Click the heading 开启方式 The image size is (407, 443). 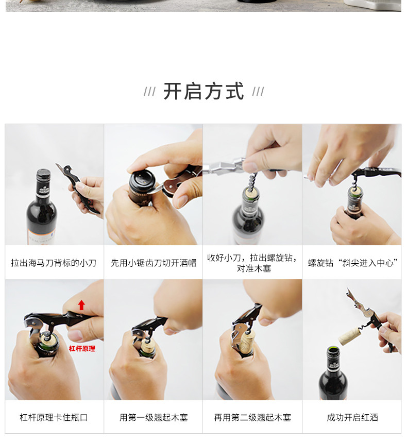[x=203, y=91]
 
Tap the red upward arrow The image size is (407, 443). [x=81, y=305]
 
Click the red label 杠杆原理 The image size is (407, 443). [x=82, y=349]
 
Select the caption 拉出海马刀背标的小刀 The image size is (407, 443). [x=54, y=263]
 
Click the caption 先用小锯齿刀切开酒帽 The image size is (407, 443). [x=154, y=263]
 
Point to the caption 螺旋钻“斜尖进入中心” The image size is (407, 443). [x=353, y=263]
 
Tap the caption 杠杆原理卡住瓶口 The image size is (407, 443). [x=54, y=417]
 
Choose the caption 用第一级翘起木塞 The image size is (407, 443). [x=154, y=417]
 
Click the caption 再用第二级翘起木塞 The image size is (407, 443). [x=252, y=417]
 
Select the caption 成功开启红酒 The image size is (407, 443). [x=352, y=417]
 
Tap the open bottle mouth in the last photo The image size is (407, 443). [x=333, y=350]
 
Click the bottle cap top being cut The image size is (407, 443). [x=142, y=178]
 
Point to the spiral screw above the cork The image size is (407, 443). [x=251, y=181]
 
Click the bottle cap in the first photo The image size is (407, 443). [x=43, y=174]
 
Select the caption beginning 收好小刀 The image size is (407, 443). [x=252, y=263]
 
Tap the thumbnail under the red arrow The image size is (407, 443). [x=75, y=335]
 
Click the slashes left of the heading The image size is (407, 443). [x=150, y=92]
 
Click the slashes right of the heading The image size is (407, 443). [x=258, y=92]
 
